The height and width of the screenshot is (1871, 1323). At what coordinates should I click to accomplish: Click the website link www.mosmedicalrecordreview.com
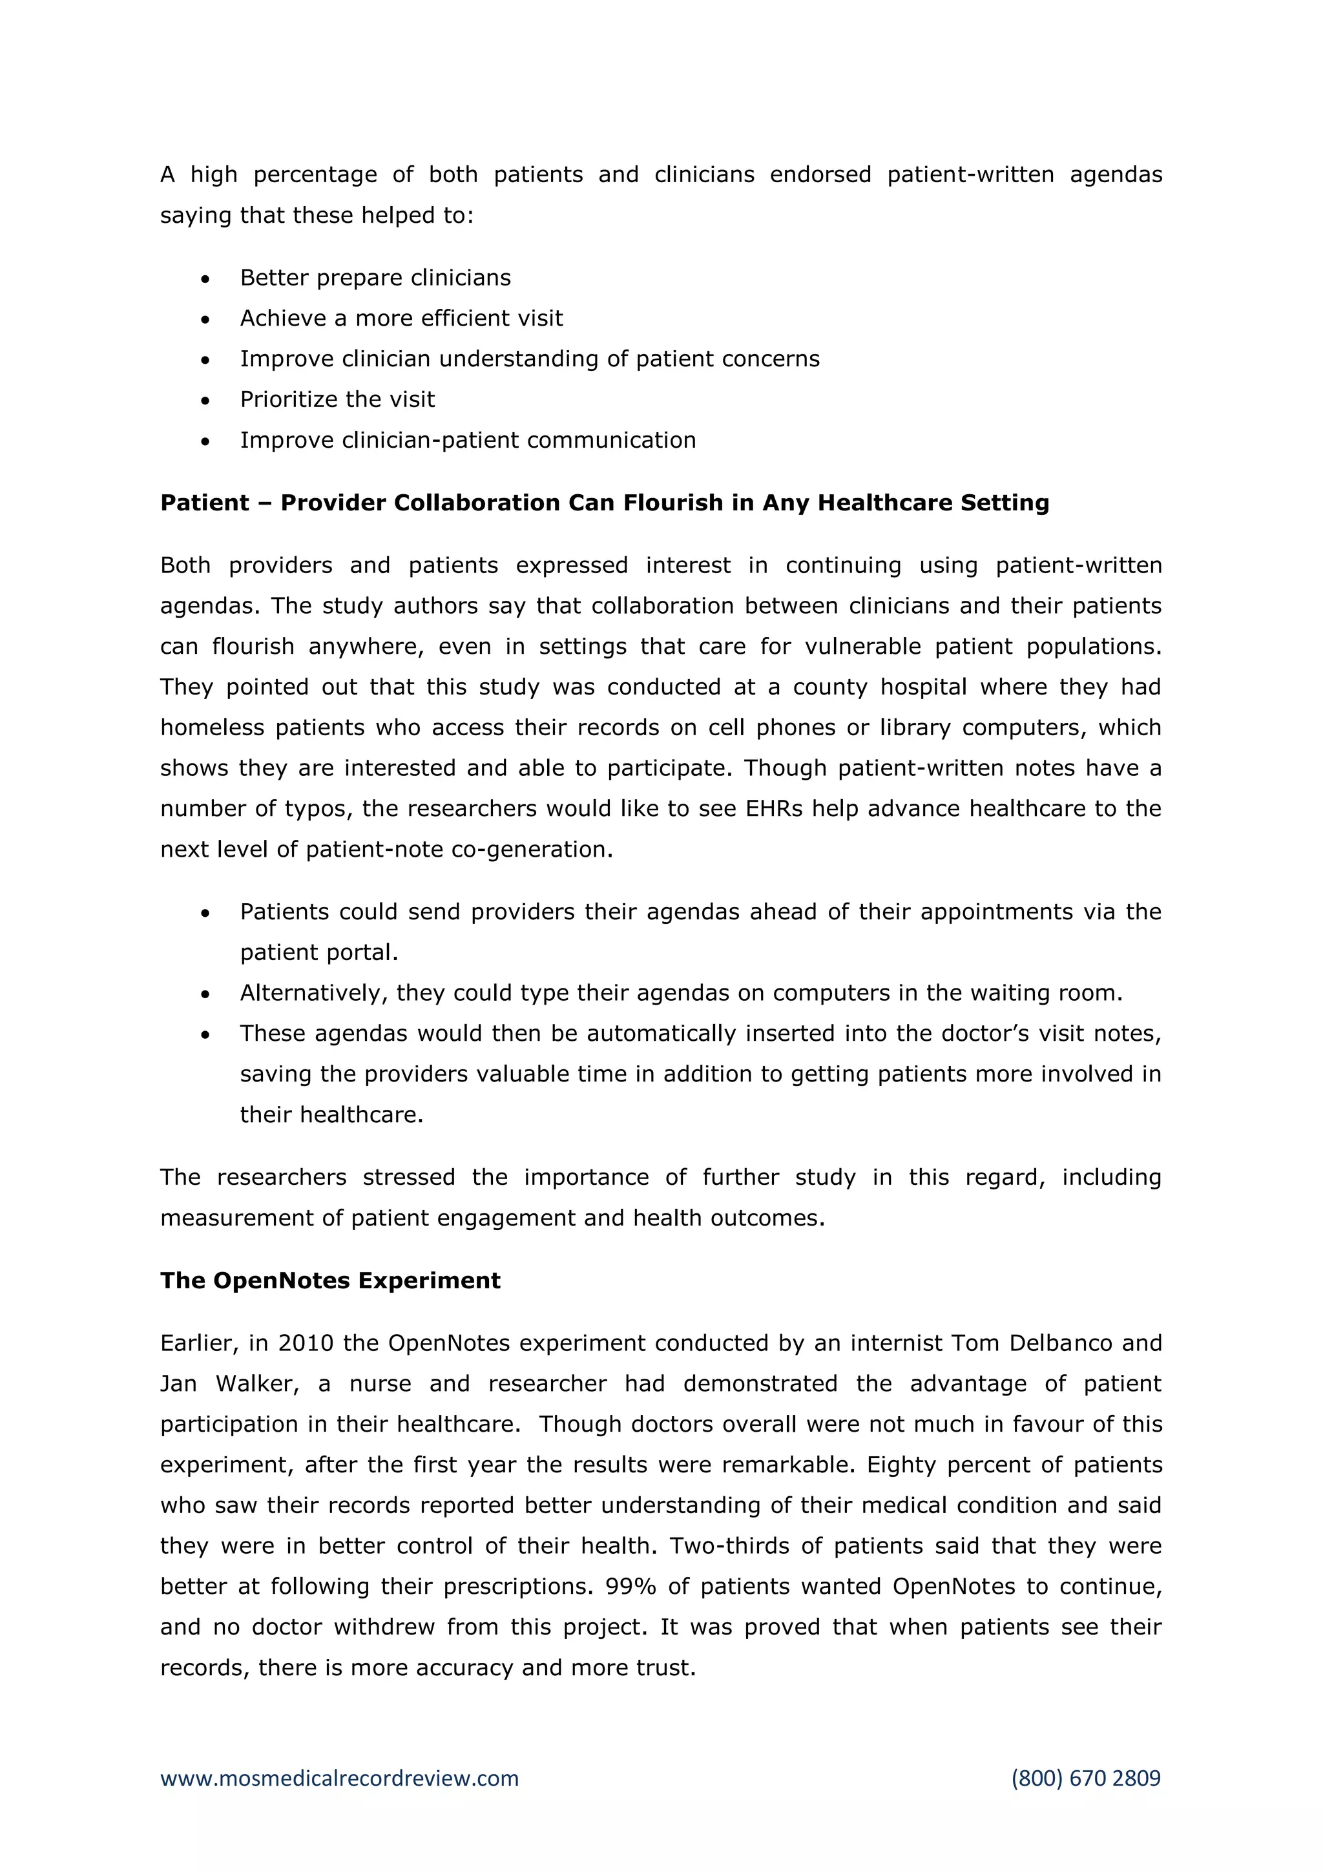click(x=339, y=1778)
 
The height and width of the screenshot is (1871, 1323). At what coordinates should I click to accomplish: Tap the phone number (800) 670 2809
click(x=1085, y=1778)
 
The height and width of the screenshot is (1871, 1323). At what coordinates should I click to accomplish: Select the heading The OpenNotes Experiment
click(x=330, y=1280)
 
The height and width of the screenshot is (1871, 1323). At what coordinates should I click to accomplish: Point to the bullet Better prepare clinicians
click(x=375, y=278)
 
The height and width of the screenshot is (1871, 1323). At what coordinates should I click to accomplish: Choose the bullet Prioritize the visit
click(x=337, y=399)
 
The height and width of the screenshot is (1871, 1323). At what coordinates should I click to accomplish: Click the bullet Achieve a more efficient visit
click(x=401, y=319)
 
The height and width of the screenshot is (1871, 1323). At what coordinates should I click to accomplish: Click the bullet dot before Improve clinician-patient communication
click(x=205, y=441)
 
